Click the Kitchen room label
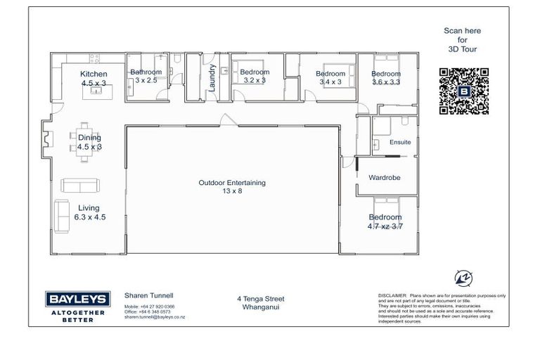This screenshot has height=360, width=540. [x=94, y=74]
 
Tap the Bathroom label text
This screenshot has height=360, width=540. [x=146, y=72]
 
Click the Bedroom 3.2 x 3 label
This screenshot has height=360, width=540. [x=255, y=72]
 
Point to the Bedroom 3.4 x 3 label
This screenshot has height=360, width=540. [x=330, y=74]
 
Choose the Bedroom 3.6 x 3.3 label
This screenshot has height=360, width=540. [x=386, y=74]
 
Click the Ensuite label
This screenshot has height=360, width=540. [x=399, y=142]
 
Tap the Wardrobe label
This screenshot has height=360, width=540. [x=385, y=178]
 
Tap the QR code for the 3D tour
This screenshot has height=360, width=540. [x=463, y=91]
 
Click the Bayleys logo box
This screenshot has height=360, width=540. [x=75, y=299]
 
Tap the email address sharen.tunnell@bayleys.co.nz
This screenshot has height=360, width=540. [x=154, y=318]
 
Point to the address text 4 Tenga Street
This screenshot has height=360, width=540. [x=261, y=299]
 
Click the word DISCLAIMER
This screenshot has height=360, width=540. [x=392, y=297]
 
